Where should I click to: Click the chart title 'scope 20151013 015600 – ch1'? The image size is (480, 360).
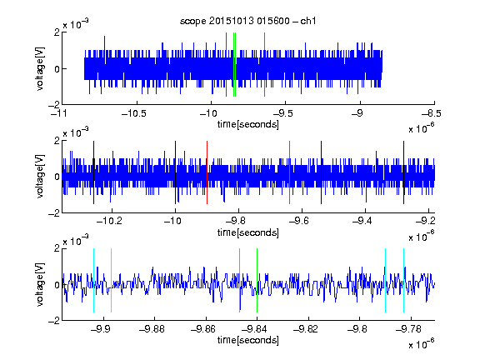tap(247, 21)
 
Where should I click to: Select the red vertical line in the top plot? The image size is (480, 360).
tap(226, 65)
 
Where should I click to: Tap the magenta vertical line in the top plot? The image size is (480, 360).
tap(264, 65)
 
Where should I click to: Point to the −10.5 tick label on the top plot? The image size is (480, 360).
tap(134, 114)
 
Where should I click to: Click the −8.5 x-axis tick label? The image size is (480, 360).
tap(432, 114)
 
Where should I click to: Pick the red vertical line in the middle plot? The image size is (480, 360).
tap(207, 172)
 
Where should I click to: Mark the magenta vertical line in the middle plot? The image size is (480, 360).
tap(290, 172)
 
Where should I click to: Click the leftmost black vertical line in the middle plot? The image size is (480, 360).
tap(93, 172)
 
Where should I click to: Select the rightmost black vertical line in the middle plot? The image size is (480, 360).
tap(403, 172)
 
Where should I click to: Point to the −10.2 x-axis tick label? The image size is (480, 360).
tap(109, 221)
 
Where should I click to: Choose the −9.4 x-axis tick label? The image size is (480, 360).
tap(362, 221)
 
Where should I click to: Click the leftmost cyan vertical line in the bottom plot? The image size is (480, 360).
tap(93, 280)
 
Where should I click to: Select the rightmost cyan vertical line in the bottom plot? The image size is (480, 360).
tap(404, 280)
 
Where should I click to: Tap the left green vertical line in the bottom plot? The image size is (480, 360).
tap(239, 280)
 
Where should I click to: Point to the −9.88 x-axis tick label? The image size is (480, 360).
tap(152, 329)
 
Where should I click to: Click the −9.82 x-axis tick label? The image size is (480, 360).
tap(306, 329)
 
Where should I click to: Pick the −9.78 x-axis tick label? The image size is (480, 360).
tap(408, 329)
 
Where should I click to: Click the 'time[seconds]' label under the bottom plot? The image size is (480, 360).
tap(248, 340)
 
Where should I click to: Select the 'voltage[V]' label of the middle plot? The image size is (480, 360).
tap(40, 177)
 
